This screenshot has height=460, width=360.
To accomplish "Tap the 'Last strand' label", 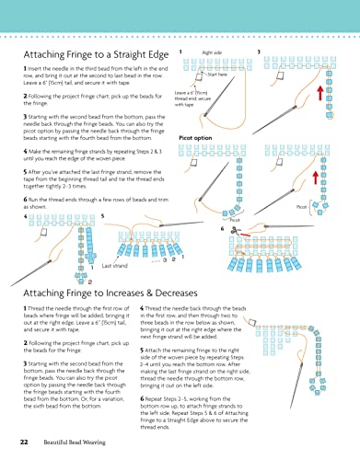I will pos(115,265).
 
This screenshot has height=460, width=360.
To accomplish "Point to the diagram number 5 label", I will pos(102,215).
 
